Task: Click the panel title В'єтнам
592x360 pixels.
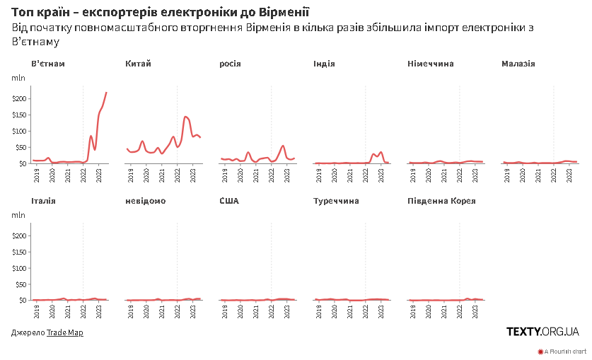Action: pyautogui.click(x=48, y=64)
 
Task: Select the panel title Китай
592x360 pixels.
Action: pyautogui.click(x=138, y=64)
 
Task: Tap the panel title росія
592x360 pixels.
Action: pyautogui.click(x=231, y=64)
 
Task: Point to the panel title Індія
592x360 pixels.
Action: pyautogui.click(x=324, y=64)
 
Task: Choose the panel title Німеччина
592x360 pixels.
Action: pyautogui.click(x=431, y=64)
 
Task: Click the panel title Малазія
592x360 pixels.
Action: pyautogui.click(x=518, y=64)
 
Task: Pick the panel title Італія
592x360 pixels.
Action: pyautogui.click(x=44, y=202)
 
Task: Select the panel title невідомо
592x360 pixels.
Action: pyautogui.click(x=146, y=202)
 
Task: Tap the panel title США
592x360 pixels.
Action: pyautogui.click(x=229, y=202)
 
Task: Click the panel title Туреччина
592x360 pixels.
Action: pyautogui.click(x=336, y=202)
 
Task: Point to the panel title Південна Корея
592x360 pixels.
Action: pyautogui.click(x=442, y=202)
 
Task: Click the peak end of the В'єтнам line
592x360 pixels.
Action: pyautogui.click(x=106, y=92)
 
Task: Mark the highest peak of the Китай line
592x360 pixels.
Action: pyautogui.click(x=186, y=116)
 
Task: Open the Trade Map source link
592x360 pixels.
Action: pyautogui.click(x=65, y=332)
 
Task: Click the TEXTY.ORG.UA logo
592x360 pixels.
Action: pyautogui.click(x=542, y=332)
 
